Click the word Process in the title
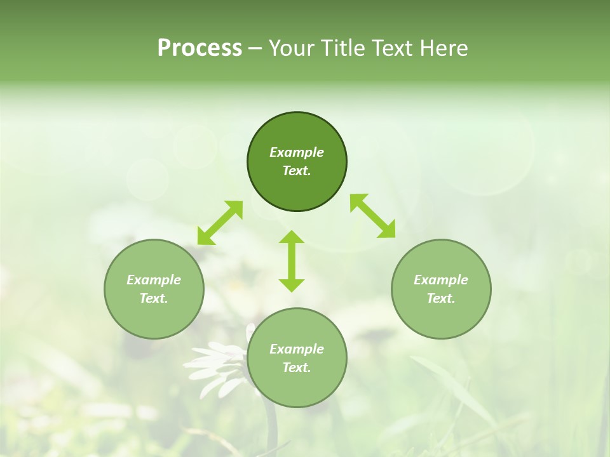coord(200,48)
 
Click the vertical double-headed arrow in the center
coord(292,261)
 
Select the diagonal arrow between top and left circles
coord(220,223)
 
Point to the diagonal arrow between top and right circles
coord(372,216)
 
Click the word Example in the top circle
coord(297,152)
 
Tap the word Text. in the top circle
coord(297,171)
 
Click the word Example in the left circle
coord(154,280)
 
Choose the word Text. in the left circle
coord(154,298)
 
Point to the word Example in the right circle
coord(441,280)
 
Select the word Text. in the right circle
coord(441,298)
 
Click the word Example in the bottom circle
coord(297,349)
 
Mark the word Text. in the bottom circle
coord(297,368)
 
